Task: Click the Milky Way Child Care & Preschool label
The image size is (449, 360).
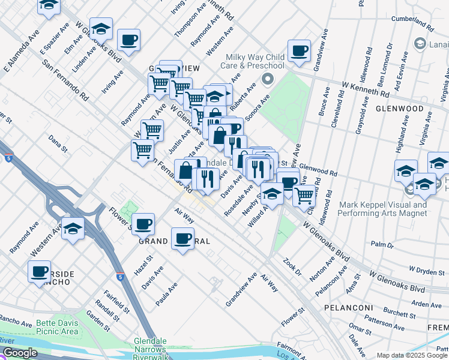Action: click(x=252, y=61)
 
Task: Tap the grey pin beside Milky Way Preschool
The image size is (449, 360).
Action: click(x=268, y=78)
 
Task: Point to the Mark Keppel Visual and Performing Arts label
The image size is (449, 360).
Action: click(x=382, y=208)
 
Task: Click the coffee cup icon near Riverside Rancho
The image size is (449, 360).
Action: click(x=40, y=271)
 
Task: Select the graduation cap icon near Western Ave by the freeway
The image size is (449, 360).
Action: click(x=73, y=229)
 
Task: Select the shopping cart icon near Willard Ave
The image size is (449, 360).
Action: click(x=304, y=194)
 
